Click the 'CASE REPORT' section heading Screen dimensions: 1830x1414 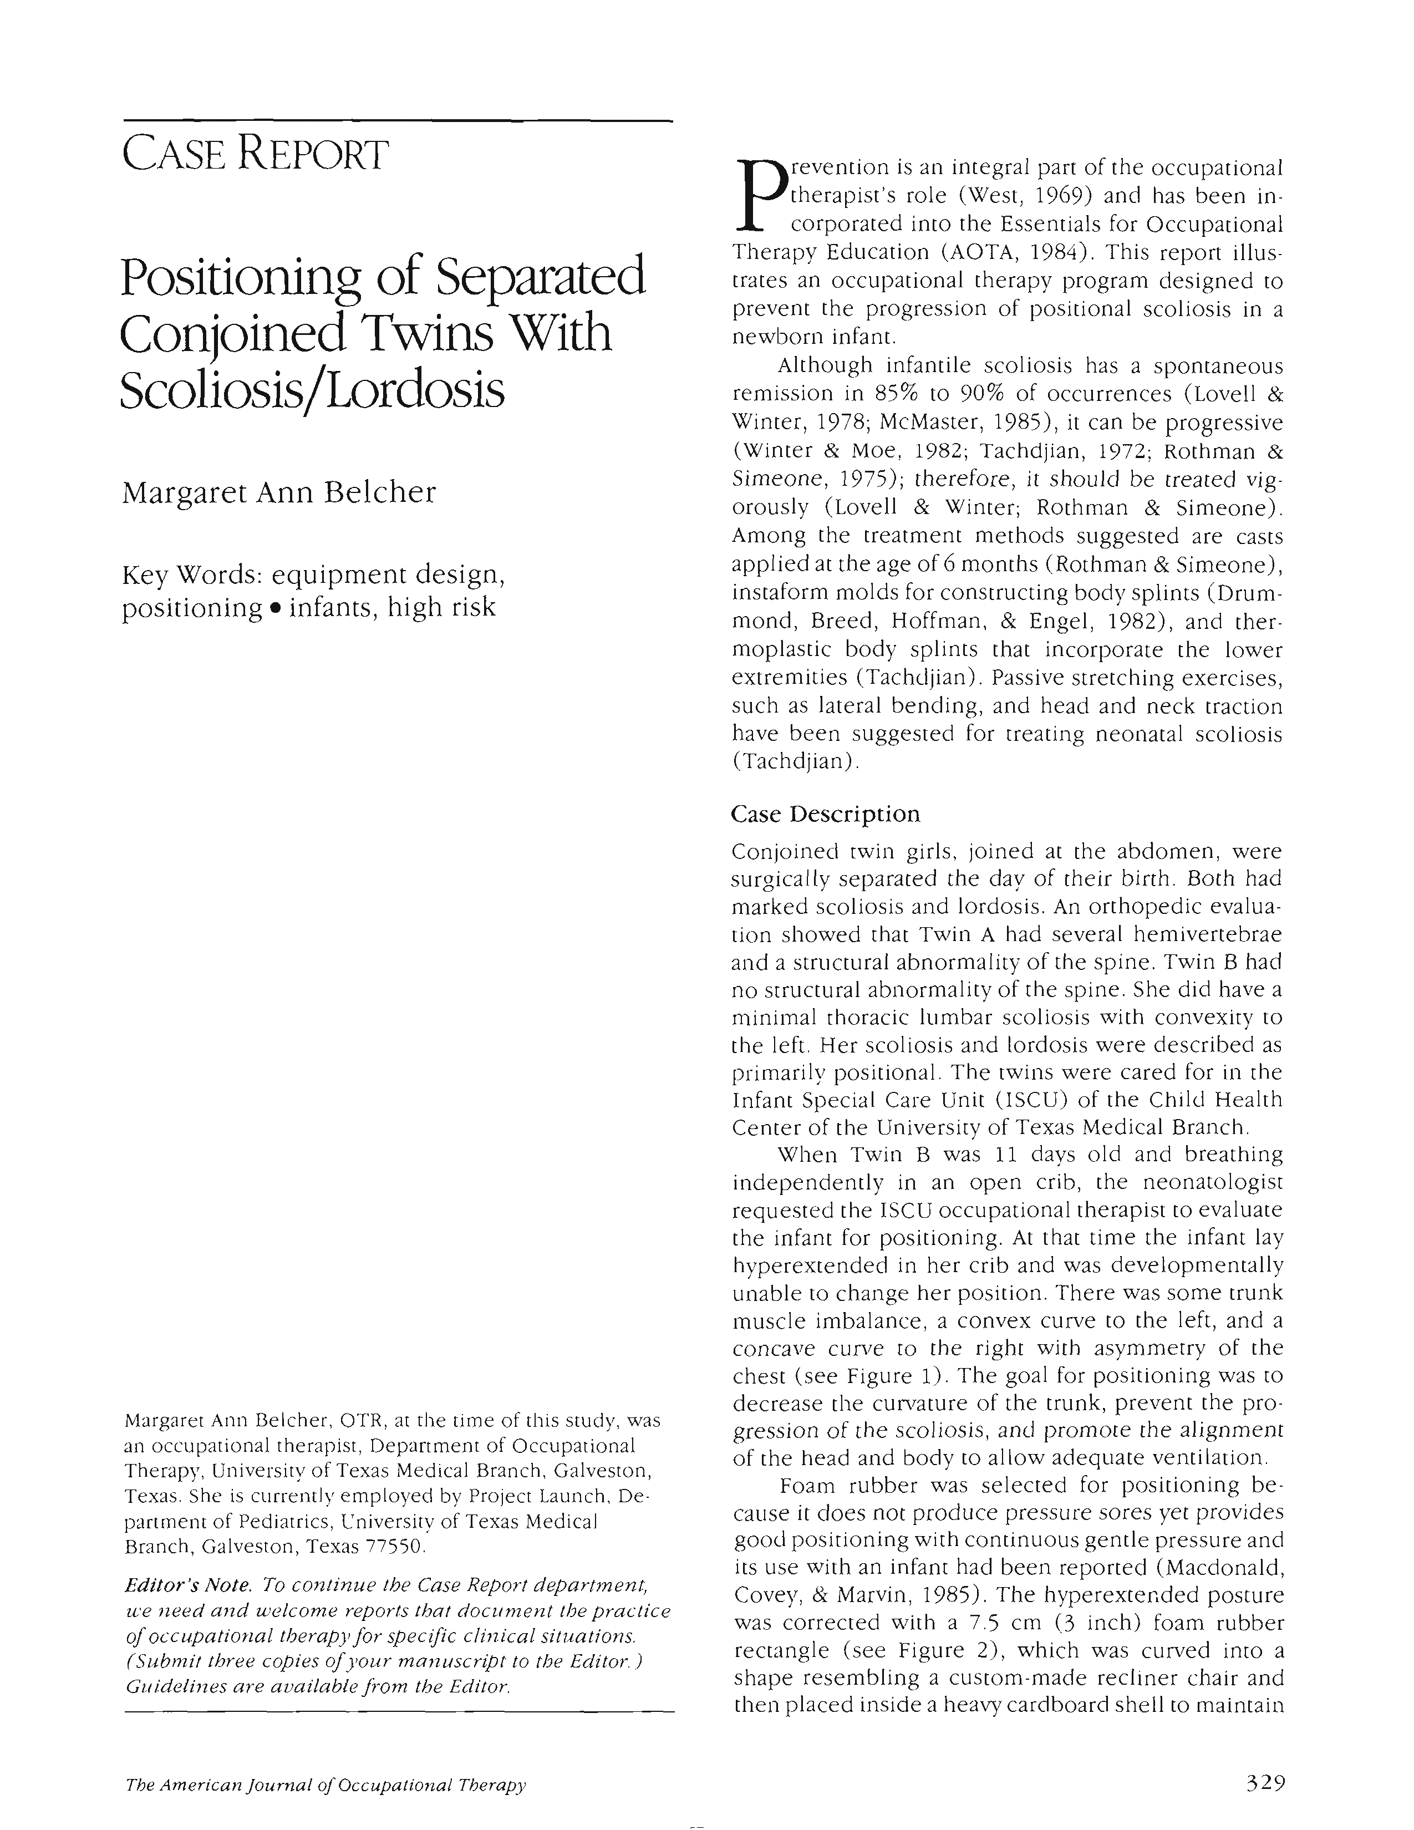[256, 155]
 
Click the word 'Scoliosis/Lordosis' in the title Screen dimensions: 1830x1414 [312, 390]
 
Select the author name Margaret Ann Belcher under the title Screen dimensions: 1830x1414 [279, 492]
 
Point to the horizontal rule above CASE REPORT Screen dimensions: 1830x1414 [398, 123]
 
